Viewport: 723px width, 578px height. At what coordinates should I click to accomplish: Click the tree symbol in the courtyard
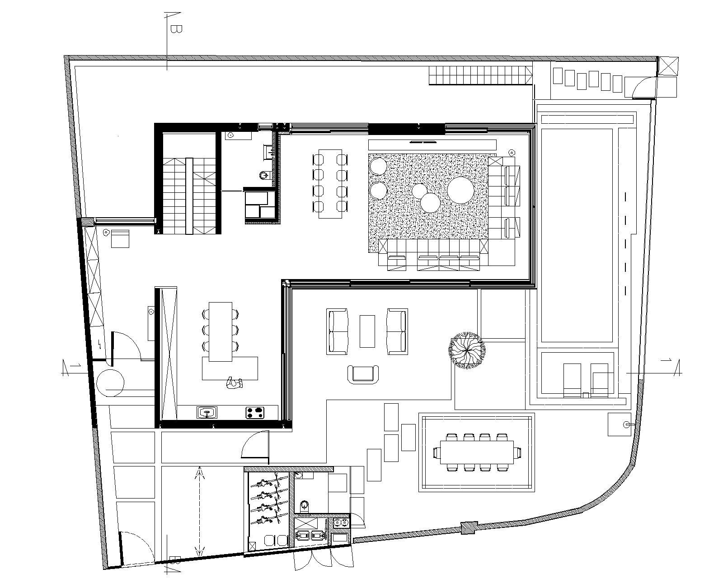coord(467,350)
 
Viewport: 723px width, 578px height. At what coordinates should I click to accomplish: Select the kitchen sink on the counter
coord(207,412)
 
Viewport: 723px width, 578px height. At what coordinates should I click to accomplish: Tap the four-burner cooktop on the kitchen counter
coord(255,412)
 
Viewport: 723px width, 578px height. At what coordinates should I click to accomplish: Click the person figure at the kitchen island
coord(235,383)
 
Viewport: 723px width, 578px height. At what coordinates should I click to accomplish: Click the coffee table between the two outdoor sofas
coord(367,331)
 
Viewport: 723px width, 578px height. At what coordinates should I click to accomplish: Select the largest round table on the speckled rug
coord(460,191)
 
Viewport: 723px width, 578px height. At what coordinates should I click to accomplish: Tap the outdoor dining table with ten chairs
coord(477,452)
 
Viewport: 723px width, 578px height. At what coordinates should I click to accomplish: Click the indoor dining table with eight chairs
coord(330,183)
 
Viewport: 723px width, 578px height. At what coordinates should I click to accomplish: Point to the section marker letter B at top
coord(176,30)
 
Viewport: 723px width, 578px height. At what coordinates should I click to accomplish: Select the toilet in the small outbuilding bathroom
coord(305,505)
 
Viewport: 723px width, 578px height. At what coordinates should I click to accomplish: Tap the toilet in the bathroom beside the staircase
coord(264,174)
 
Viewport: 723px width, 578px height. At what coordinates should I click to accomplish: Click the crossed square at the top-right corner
coord(667,66)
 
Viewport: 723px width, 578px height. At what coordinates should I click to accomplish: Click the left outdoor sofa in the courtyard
coord(338,331)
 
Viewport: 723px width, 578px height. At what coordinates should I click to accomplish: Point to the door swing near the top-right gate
coord(643,87)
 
